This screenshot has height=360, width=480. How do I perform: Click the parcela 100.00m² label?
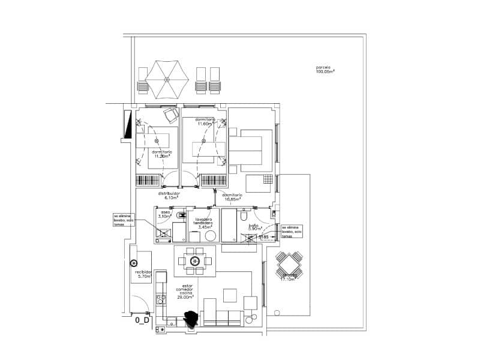[x=325, y=69]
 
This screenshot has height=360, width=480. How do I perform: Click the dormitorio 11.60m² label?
[x=205, y=122]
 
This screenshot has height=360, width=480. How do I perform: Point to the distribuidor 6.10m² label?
[x=169, y=196]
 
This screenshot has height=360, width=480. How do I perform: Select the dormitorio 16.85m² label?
[x=232, y=197]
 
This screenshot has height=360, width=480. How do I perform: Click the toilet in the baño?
[x=244, y=216]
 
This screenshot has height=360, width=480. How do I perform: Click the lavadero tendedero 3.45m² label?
[x=205, y=224]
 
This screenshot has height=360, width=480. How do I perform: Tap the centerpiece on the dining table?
[x=194, y=261]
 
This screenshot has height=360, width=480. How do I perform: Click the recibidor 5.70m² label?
[x=143, y=274]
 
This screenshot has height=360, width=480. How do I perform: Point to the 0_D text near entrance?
[x=142, y=320]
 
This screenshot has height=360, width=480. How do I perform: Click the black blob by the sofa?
[x=192, y=319]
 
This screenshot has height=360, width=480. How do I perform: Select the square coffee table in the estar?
[x=230, y=295]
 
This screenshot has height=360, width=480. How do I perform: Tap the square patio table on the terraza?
[x=289, y=265]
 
